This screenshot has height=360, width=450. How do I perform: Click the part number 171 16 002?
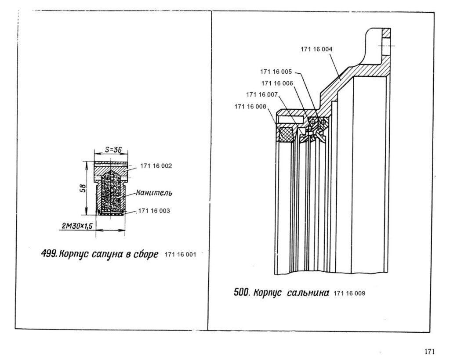pos(156,166)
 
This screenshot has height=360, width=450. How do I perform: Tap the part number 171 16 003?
pos(153,211)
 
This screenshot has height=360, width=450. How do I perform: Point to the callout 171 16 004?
pos(316,49)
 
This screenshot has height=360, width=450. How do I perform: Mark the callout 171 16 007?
pos(262,94)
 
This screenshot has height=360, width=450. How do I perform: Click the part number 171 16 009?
pos(349,293)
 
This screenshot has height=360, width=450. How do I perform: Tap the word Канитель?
pos(154,192)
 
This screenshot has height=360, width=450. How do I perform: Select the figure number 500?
pos(242,292)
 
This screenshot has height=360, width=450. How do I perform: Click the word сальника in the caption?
pos(308,292)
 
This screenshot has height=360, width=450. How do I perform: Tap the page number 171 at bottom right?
pos(429,351)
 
